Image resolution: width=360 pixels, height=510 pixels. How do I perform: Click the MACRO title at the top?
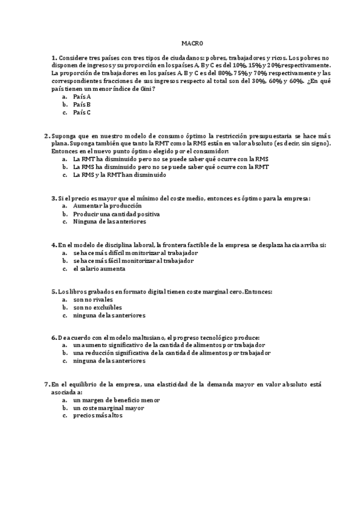pyautogui.click(x=193, y=43)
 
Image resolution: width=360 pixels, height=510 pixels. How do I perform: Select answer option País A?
pyautogui.click(x=82, y=96)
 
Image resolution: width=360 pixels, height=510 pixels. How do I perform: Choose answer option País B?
pyautogui.click(x=82, y=104)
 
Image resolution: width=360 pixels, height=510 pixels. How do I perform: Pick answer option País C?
pyautogui.click(x=82, y=112)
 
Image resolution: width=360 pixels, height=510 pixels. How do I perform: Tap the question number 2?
pyautogui.click(x=47, y=136)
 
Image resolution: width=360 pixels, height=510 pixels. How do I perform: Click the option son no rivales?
pyautogui.click(x=93, y=300)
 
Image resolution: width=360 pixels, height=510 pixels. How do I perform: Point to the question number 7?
pyautogui.click(x=47, y=384)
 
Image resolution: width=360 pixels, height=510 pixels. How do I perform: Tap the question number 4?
pyautogui.click(x=53, y=245)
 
